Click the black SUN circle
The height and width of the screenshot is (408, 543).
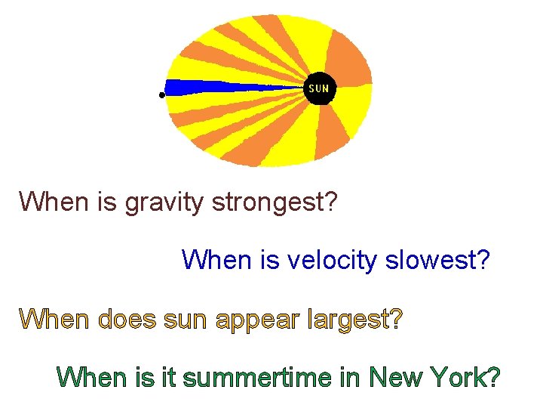(x=319, y=88)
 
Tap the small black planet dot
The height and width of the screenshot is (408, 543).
(x=161, y=96)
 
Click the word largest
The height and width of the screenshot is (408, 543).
(x=346, y=320)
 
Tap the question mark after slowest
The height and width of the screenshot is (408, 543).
(x=483, y=261)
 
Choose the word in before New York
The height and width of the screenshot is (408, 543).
(x=351, y=376)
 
